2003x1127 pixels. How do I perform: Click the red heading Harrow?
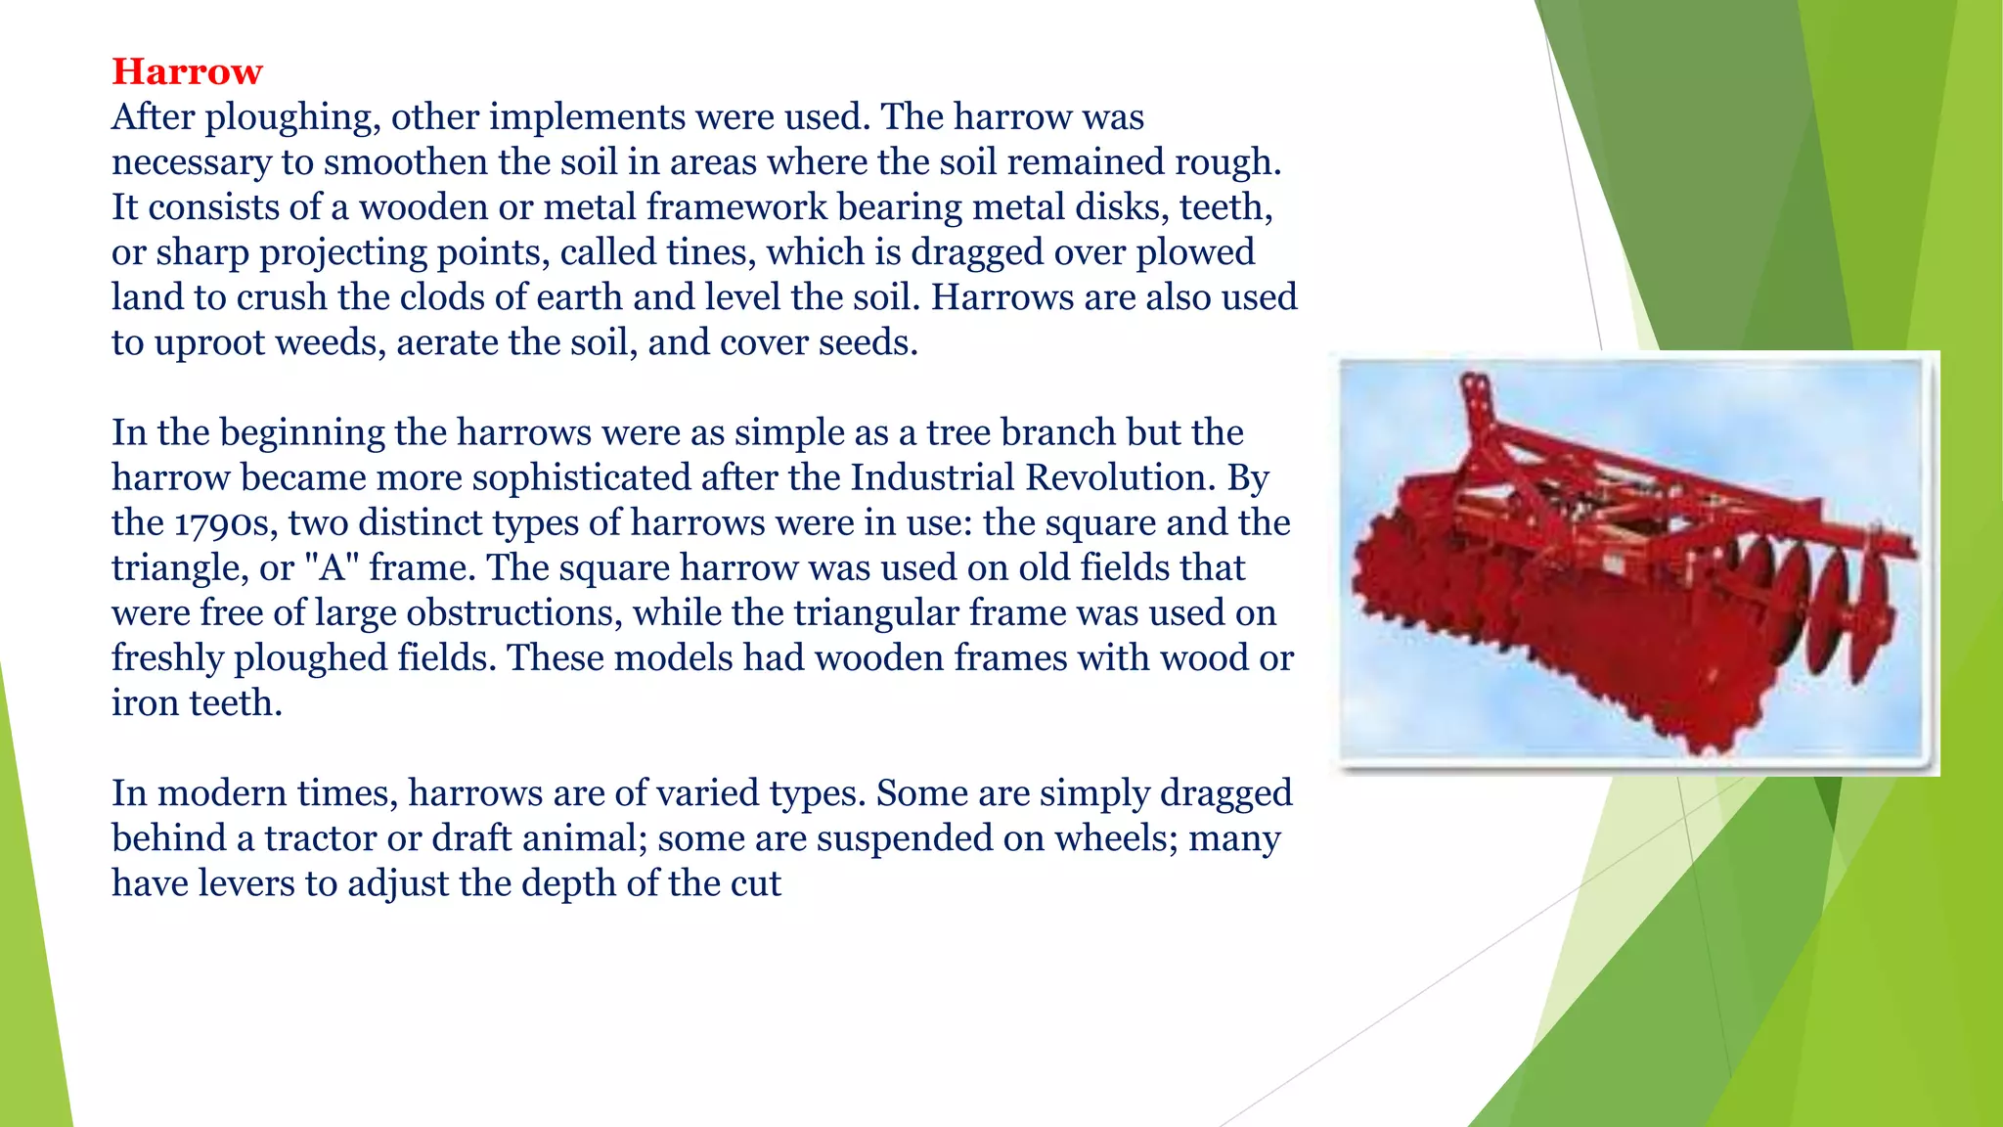187,71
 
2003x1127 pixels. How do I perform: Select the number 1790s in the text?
225,523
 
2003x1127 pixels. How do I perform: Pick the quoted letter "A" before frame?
334,567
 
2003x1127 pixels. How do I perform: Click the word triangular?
874,613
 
